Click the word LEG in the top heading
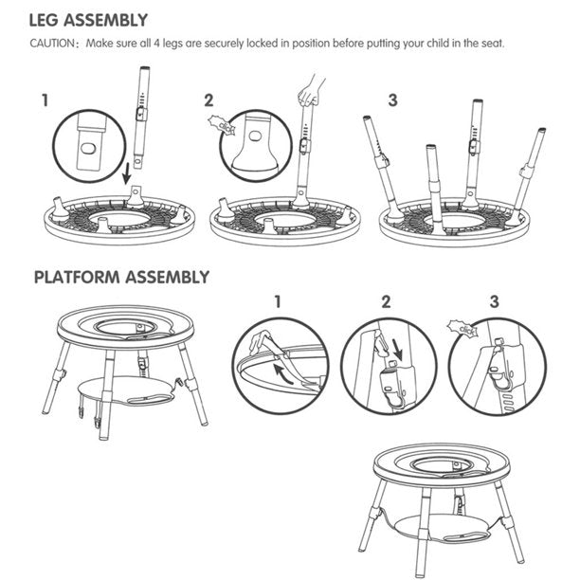[44, 20]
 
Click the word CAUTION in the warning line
[52, 44]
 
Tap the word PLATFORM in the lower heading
[77, 277]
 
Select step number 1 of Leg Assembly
[45, 100]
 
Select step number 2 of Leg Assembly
[209, 100]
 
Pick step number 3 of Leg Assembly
[393, 100]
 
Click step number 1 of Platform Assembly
[278, 301]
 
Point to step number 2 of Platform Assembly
[386, 301]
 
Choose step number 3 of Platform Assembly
[494, 301]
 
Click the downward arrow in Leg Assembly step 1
[127, 173]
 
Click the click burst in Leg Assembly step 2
[222, 126]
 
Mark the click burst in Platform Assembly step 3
[462, 329]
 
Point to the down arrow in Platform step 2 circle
[397, 352]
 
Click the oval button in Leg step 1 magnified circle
[88, 149]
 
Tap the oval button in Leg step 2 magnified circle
[255, 136]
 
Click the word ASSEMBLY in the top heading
[106, 20]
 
